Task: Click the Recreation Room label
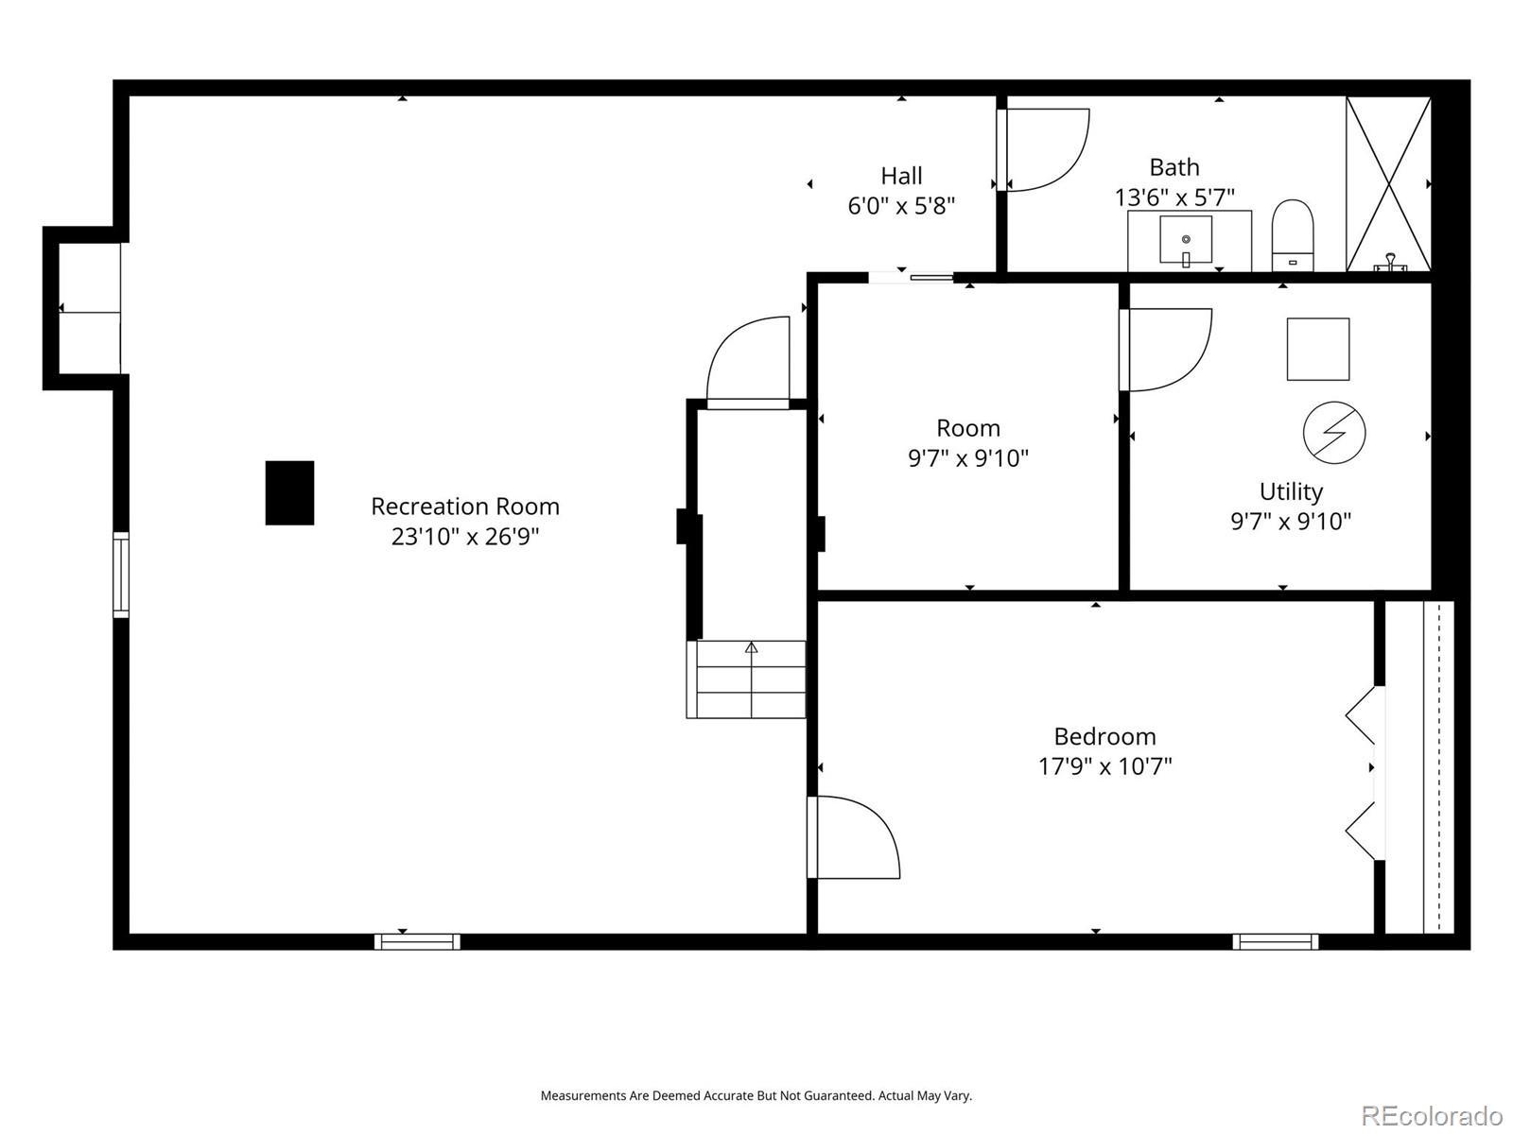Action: (464, 507)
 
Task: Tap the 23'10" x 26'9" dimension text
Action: (464, 537)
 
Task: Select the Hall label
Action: (901, 177)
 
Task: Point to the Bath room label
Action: (1174, 167)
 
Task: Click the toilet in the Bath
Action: (1293, 235)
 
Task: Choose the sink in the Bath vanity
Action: (1186, 240)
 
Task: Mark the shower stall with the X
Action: (1388, 184)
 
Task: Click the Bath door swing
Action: (1043, 149)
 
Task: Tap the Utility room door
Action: (1165, 350)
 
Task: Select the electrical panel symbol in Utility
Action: (1334, 433)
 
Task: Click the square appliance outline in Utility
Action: (1318, 349)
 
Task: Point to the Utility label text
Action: (1291, 491)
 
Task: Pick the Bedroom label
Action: (1104, 737)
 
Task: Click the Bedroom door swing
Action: (853, 837)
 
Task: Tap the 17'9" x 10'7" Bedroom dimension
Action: (1104, 766)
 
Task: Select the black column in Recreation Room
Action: (289, 493)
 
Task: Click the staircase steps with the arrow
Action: (746, 679)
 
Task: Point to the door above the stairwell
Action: (748, 363)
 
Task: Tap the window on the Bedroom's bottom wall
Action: (1276, 941)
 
